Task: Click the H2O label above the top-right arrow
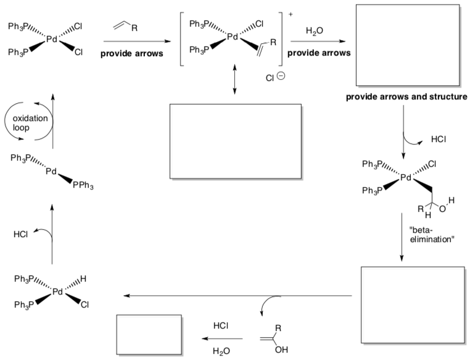(x=314, y=31)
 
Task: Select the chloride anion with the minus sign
(x=275, y=77)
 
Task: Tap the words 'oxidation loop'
(x=30, y=122)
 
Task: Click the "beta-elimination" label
(x=432, y=235)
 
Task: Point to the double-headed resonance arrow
(x=235, y=79)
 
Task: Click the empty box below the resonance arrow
(x=236, y=141)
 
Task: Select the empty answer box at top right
(x=408, y=45)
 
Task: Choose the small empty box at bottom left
(x=149, y=335)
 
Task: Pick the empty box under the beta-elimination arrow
(x=413, y=305)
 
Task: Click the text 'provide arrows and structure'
(x=407, y=97)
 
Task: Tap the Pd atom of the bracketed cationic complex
(x=233, y=36)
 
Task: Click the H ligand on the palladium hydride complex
(x=83, y=278)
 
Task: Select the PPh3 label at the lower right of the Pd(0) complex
(x=83, y=185)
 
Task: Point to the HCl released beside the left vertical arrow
(x=20, y=234)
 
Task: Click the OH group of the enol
(x=281, y=350)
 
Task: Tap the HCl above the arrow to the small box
(x=221, y=325)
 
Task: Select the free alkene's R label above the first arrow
(x=134, y=28)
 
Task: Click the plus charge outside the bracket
(x=291, y=14)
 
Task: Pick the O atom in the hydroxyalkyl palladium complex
(x=442, y=209)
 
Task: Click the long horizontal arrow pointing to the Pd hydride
(x=238, y=295)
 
